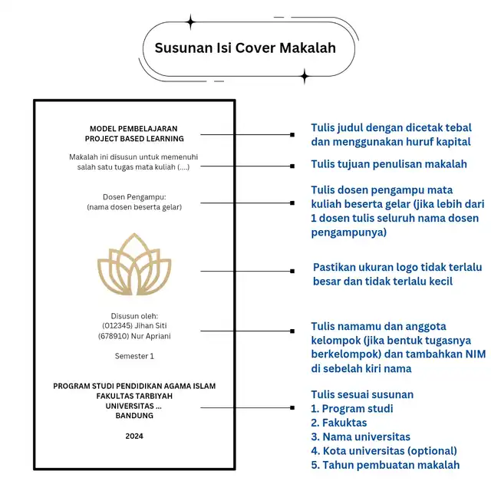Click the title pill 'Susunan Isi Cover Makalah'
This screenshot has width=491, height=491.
[245, 48]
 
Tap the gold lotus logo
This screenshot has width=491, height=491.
[134, 265]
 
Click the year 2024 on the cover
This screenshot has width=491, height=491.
[134, 436]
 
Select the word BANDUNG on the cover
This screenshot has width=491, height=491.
[134, 416]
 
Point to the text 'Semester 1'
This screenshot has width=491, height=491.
[134, 356]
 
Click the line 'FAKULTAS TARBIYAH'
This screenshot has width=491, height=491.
[134, 396]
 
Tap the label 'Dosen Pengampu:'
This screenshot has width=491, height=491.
[134, 196]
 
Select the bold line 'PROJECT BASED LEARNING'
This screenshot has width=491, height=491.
[134, 139]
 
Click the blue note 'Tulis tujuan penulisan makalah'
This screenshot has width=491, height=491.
[388, 164]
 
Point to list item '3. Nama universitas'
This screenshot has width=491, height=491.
[360, 437]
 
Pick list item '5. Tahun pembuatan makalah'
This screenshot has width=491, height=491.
[384, 465]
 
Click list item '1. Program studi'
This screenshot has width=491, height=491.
[351, 409]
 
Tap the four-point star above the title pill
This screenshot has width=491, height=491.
[190, 21]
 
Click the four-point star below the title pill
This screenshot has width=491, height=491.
[305, 75]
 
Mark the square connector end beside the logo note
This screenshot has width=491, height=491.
[292, 271]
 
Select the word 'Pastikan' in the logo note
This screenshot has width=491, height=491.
[335, 268]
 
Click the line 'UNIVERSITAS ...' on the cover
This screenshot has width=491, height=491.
[134, 406]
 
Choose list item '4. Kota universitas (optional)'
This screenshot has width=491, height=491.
[383, 450]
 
